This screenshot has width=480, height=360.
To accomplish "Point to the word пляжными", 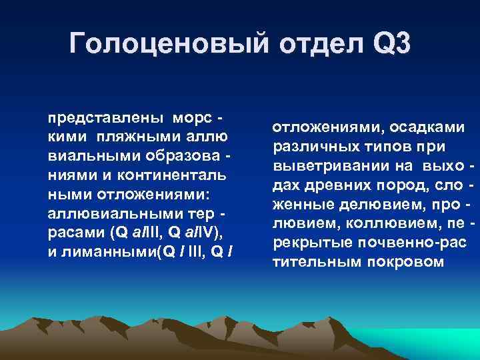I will pos(129,137).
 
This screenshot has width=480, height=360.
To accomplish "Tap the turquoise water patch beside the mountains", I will pos(440,336).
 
